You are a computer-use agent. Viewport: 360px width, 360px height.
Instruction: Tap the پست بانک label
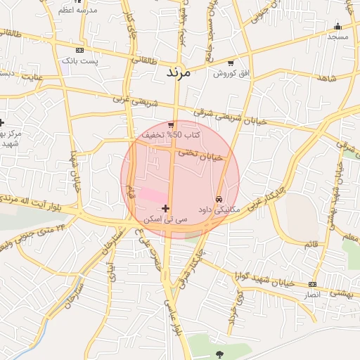[79, 61]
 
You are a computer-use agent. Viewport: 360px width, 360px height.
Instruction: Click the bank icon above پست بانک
[79, 51]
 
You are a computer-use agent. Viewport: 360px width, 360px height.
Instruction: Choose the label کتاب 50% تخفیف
[171, 134]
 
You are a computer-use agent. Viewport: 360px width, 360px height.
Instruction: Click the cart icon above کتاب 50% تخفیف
[171, 124]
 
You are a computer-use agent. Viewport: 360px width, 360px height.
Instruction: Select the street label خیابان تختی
[199, 155]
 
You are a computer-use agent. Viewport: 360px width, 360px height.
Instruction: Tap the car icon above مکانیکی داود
[219, 199]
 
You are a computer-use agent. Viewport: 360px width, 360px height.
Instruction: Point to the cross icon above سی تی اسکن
[166, 208]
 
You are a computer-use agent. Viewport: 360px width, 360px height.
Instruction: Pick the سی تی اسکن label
[166, 219]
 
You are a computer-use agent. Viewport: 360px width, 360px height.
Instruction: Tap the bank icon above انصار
[312, 284]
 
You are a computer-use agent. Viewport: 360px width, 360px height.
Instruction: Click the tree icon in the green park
[220, 354]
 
